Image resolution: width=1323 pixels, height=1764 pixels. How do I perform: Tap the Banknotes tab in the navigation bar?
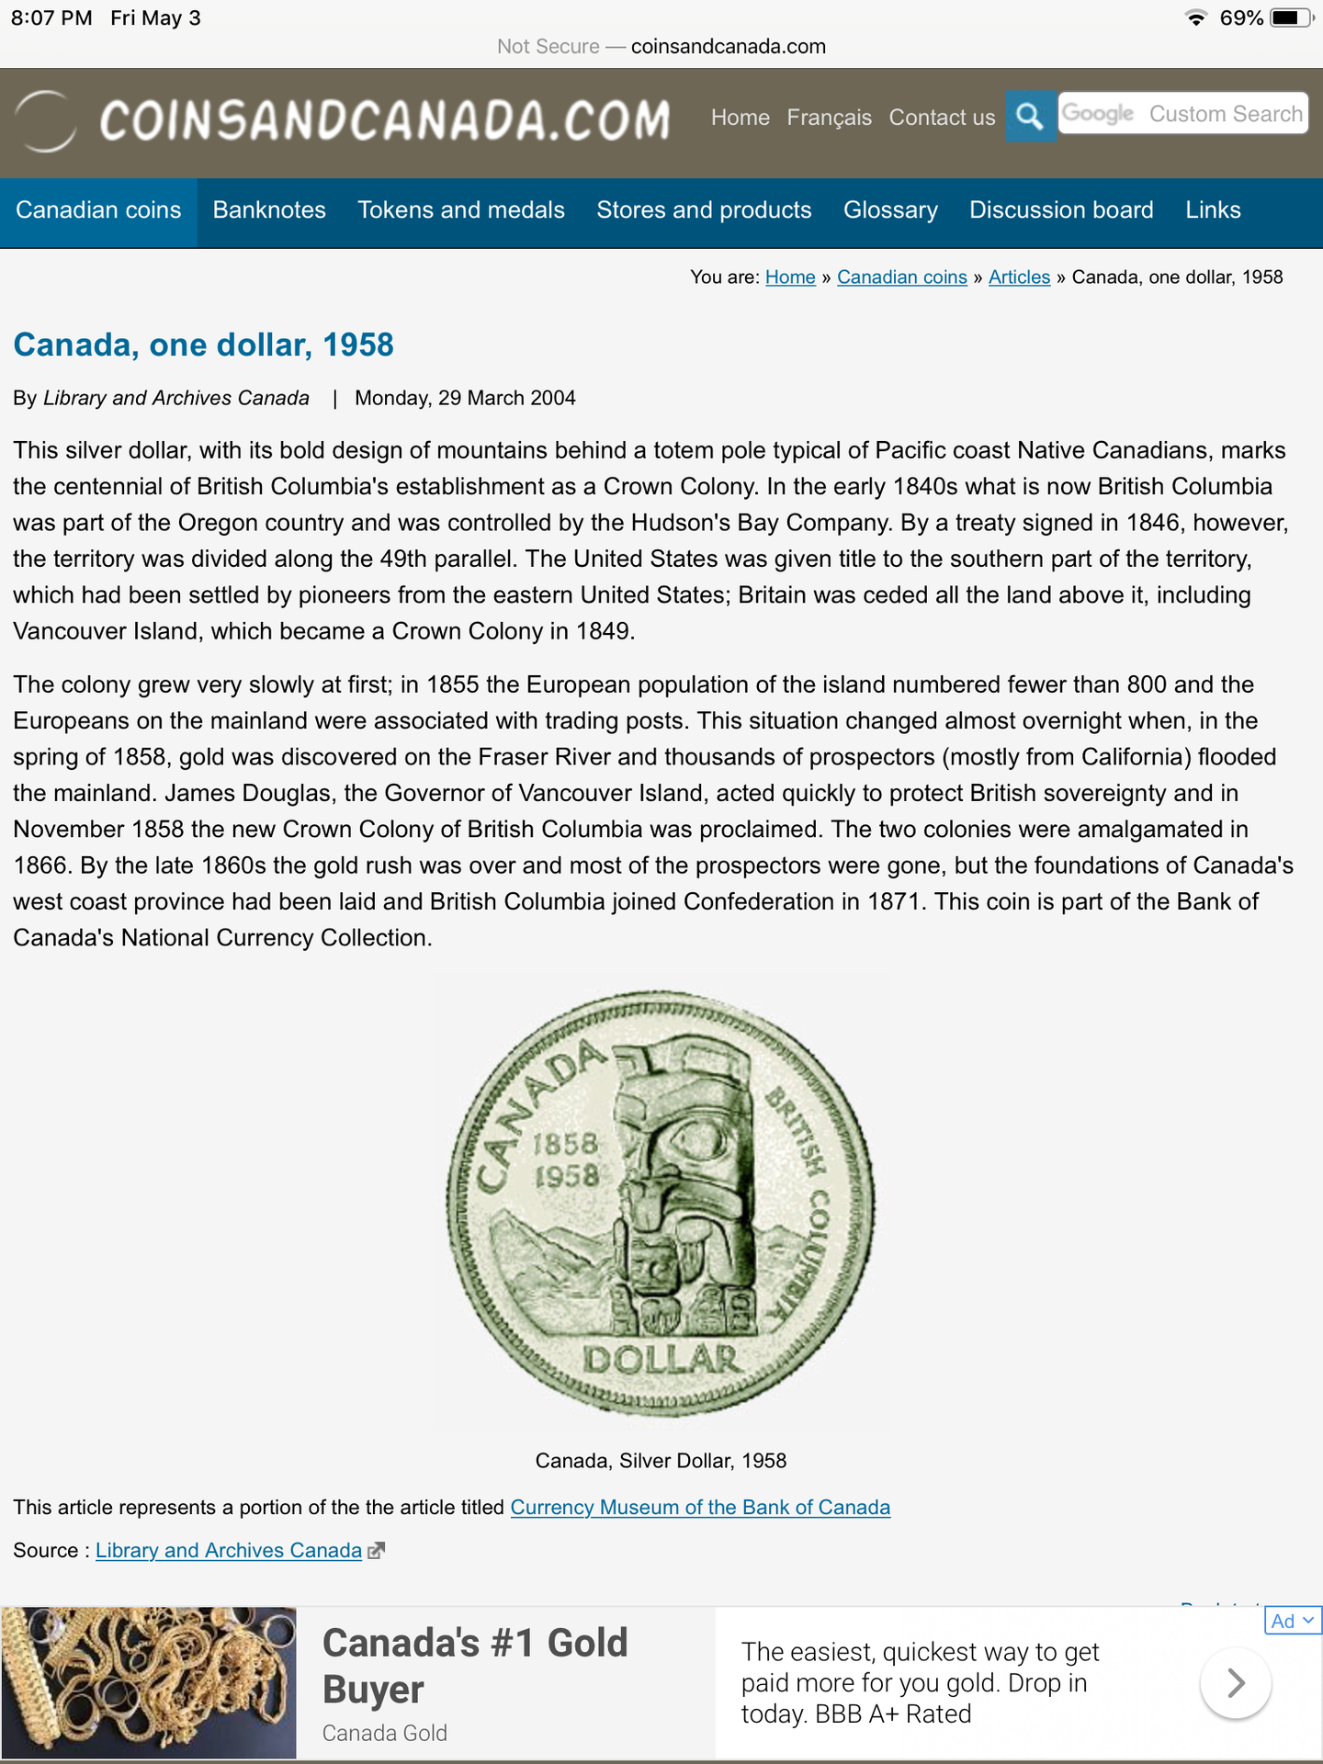pyautogui.click(x=269, y=210)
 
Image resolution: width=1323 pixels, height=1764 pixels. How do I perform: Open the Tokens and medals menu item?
pyautogui.click(x=461, y=210)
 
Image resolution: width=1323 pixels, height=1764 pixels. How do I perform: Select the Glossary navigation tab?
pyautogui.click(x=890, y=210)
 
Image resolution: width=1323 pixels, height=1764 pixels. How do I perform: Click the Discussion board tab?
pyautogui.click(x=1061, y=210)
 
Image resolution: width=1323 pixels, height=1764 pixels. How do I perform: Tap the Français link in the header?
pyautogui.click(x=829, y=118)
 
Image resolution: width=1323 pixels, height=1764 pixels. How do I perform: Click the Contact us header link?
pyautogui.click(x=942, y=118)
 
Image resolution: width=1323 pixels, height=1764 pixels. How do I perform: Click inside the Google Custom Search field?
pyautogui.click(x=1183, y=114)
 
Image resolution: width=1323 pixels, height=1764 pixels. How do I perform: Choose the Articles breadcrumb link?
pyautogui.click(x=1019, y=277)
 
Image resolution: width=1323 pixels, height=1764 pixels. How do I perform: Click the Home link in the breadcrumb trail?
pyautogui.click(x=790, y=277)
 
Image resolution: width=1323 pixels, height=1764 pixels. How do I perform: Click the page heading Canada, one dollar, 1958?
pyautogui.click(x=203, y=345)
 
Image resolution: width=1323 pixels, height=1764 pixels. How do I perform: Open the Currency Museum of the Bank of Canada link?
pyautogui.click(x=700, y=1508)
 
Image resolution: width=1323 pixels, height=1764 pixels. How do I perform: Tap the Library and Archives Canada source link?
pyautogui.click(x=229, y=1551)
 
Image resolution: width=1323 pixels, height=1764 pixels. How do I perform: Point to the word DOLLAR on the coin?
pyautogui.click(x=661, y=1360)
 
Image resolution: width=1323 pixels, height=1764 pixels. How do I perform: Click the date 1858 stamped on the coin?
pyautogui.click(x=565, y=1144)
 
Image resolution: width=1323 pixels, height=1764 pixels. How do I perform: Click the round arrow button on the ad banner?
pyautogui.click(x=1236, y=1683)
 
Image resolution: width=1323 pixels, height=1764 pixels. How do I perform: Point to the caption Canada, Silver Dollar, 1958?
pyautogui.click(x=661, y=1461)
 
